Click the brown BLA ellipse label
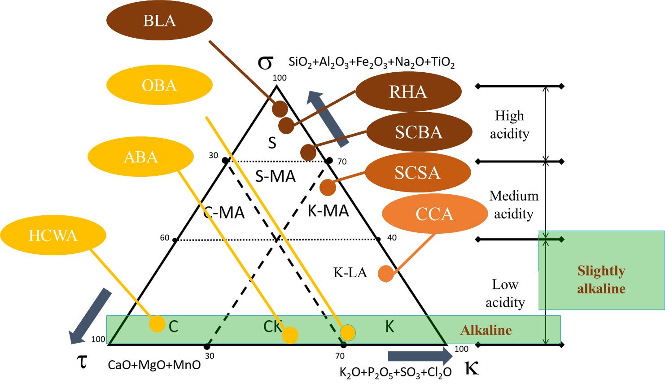coord(159,21)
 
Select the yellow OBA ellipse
coord(159,85)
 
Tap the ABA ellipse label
coord(140,157)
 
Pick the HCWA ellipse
coord(53,235)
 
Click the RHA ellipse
coord(408,92)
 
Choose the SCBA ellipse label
coord(419,132)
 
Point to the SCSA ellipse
coord(417,172)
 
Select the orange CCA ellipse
coord(434,214)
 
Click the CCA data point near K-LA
coord(385,273)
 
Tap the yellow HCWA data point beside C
coord(157,323)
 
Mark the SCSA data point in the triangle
coord(328,188)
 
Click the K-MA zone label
coord(328,210)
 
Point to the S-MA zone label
coord(275,176)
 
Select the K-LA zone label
coord(350,272)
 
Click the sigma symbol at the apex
coord(265,63)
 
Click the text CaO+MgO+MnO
coord(154,365)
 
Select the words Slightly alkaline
coord(601,279)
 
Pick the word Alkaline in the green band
coord(486,330)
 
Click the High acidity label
coord(509,124)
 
